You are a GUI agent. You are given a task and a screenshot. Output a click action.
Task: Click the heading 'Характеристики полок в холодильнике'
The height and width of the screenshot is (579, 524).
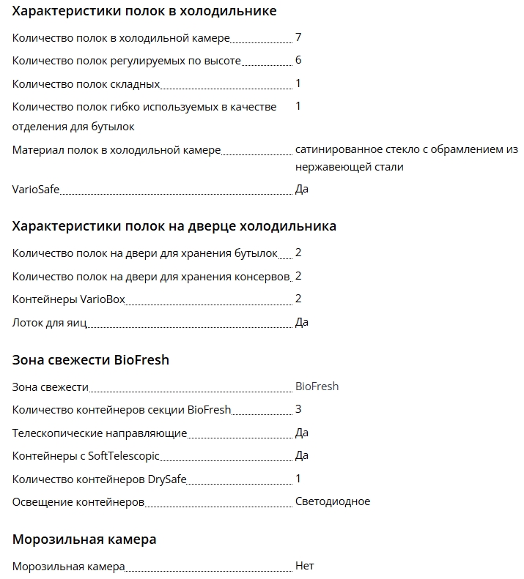pyautogui.click(x=144, y=11)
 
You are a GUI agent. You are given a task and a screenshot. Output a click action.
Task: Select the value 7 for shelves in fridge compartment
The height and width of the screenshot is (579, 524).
pyautogui.click(x=298, y=37)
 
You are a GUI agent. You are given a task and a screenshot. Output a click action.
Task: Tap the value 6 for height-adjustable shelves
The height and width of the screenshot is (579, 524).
pyautogui.click(x=298, y=60)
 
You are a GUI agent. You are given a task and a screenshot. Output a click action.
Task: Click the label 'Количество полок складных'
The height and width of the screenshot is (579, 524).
pyautogui.click(x=86, y=83)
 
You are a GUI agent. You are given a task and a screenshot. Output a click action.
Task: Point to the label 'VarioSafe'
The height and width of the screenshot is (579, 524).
pyautogui.click(x=35, y=190)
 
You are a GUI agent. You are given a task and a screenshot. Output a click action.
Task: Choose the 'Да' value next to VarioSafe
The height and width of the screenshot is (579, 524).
pyautogui.click(x=302, y=190)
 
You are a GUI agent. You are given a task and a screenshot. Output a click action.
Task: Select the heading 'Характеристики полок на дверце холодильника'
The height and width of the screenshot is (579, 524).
pyautogui.click(x=174, y=225)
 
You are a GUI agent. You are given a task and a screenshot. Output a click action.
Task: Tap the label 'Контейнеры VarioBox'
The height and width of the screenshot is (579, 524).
pyautogui.click(x=69, y=299)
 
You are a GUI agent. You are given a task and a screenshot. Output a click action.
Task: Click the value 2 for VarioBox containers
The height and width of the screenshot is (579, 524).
pyautogui.click(x=298, y=299)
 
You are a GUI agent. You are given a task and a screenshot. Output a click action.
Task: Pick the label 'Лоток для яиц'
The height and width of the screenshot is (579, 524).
pyautogui.click(x=49, y=323)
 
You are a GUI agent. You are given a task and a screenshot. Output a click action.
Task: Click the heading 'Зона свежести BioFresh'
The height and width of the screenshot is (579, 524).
pyautogui.click(x=91, y=359)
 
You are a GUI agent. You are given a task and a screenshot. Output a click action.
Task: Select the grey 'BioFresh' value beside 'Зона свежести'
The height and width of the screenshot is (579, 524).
pyautogui.click(x=317, y=386)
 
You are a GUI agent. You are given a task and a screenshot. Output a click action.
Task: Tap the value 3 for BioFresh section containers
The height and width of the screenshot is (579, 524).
pyautogui.click(x=298, y=409)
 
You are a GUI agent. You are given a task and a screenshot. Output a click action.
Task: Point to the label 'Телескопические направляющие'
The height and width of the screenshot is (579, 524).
pyautogui.click(x=100, y=433)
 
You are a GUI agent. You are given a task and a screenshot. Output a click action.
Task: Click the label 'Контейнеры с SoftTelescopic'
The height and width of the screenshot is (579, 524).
pyautogui.click(x=86, y=456)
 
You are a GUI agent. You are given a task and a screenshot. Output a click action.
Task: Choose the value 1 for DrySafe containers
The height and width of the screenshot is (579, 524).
pyautogui.click(x=298, y=479)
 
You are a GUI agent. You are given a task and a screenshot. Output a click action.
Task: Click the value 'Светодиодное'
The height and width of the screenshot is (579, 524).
pyautogui.click(x=333, y=502)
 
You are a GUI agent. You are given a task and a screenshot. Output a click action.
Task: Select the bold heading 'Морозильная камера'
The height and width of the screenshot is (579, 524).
pyautogui.click(x=84, y=539)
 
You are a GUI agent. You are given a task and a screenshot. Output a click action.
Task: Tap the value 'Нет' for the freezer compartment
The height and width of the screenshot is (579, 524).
pyautogui.click(x=304, y=567)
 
